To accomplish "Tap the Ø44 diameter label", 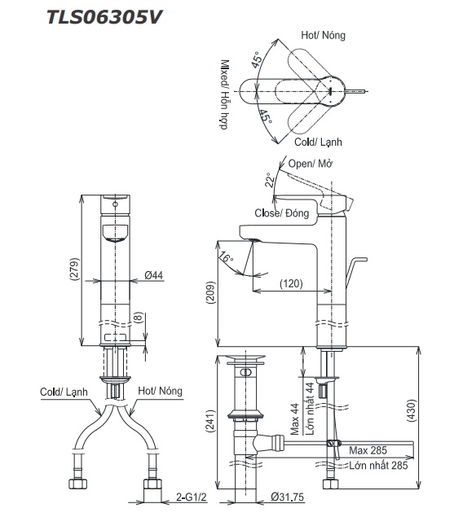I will tap(155, 276).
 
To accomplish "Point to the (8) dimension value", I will tap(139, 318).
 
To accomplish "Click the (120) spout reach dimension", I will tap(292, 284).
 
